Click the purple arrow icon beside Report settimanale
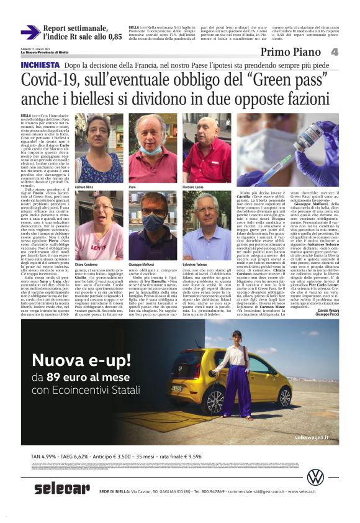coord(30,32)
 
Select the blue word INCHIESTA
coord(41,65)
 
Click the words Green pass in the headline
coord(290,80)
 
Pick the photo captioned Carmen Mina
coord(99,148)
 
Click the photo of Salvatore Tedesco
coord(207,225)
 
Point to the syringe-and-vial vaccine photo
coord(287,149)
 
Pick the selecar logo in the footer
coord(62,489)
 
